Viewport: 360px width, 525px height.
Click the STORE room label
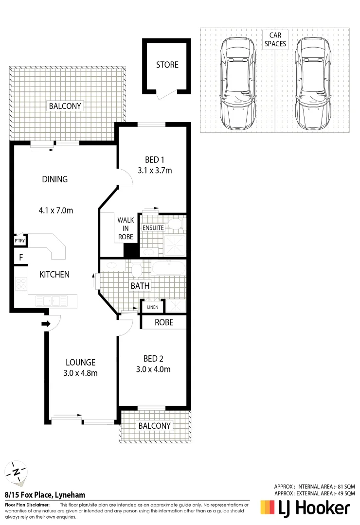coord(167,65)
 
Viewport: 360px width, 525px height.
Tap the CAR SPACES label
coord(275,39)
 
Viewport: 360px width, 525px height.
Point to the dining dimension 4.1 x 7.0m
coord(55,210)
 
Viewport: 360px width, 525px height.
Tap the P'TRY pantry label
coord(19,241)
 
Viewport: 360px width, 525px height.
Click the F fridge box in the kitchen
coord(20,258)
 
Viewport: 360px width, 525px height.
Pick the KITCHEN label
coord(54,274)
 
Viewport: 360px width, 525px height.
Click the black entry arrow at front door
coord(46,323)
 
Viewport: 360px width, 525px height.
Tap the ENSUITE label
coord(153,227)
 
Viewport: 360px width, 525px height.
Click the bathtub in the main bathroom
coord(168,269)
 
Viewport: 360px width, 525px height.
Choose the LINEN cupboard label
coord(153,307)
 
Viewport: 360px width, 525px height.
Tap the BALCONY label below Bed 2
coord(155,426)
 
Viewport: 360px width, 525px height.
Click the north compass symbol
coord(17,472)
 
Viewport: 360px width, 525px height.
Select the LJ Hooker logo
coord(305,508)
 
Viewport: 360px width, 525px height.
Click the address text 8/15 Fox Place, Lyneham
coord(45,495)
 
